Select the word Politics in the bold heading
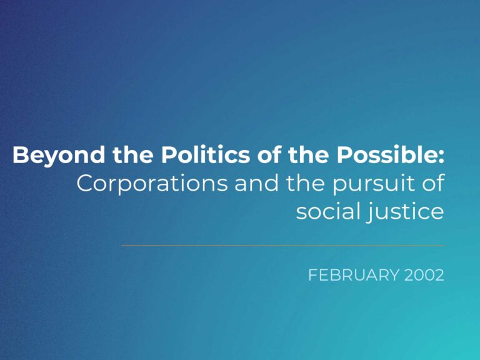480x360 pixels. pyautogui.click(x=206, y=154)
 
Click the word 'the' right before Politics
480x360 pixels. pyautogui.click(x=133, y=154)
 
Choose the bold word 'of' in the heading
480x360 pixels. pyautogui.click(x=269, y=154)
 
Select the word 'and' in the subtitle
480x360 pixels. pyautogui.click(x=256, y=182)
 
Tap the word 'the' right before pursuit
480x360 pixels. pyautogui.click(x=305, y=182)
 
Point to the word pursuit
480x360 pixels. pyautogui.click(x=373, y=184)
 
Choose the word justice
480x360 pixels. pyautogui.click(x=405, y=212)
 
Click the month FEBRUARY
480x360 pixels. pyautogui.click(x=354, y=275)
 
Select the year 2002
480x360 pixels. pyautogui.click(x=424, y=275)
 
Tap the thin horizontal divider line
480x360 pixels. pyautogui.click(x=283, y=245)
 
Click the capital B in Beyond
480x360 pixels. pyautogui.click(x=20, y=154)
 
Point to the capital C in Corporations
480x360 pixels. pyautogui.click(x=85, y=183)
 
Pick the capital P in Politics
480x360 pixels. pyautogui.click(x=169, y=154)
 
